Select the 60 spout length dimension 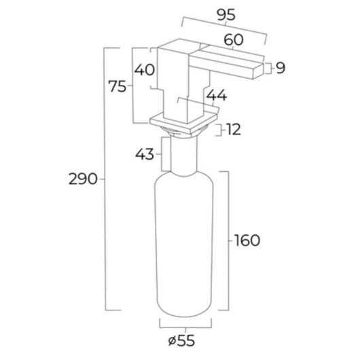(x=234, y=41)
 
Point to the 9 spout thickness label (x=280, y=67)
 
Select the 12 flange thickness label (x=232, y=130)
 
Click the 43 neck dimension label (x=144, y=154)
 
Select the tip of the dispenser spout (x=262, y=67)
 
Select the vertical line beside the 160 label (x=228, y=240)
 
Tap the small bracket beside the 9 (x=269, y=67)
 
